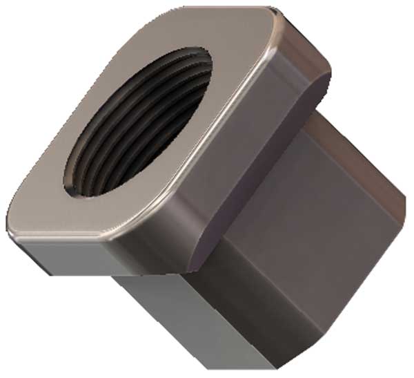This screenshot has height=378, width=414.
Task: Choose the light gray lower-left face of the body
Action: coord(172,318)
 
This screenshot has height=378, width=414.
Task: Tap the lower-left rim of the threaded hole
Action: coord(76,183)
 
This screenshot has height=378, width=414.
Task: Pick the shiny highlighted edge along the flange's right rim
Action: coord(228,138)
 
